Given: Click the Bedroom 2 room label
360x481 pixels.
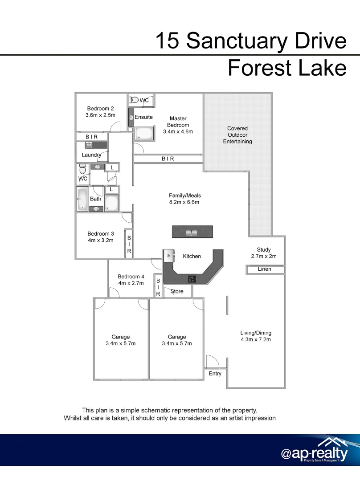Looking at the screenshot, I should click(x=100, y=109).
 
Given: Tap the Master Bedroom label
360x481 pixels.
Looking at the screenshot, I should click(x=178, y=122).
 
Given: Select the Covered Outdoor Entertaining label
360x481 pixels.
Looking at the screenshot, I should click(x=237, y=135).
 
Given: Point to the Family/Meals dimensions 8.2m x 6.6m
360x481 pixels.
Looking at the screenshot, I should click(x=184, y=202).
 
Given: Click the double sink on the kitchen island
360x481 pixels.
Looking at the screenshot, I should click(x=192, y=232).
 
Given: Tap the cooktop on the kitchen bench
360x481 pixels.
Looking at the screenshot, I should click(x=192, y=279).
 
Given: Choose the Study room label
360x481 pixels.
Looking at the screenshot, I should click(x=264, y=250).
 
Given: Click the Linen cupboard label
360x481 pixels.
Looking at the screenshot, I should click(x=265, y=269).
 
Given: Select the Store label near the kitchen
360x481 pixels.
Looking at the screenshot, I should click(x=177, y=292).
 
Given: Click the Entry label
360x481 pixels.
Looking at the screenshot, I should click(x=215, y=374).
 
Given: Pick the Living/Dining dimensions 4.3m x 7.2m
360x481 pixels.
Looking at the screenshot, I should click(x=256, y=339).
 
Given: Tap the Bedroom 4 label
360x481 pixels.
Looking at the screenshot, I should click(x=131, y=277).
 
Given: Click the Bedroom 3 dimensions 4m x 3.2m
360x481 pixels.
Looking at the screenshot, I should click(x=100, y=240).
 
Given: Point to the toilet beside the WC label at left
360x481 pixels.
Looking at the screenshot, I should click(x=82, y=170).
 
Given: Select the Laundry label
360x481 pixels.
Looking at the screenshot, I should click(x=91, y=155).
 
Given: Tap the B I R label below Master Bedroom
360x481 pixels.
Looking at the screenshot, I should click(x=168, y=159).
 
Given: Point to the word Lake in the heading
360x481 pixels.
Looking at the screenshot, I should click(x=320, y=68).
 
